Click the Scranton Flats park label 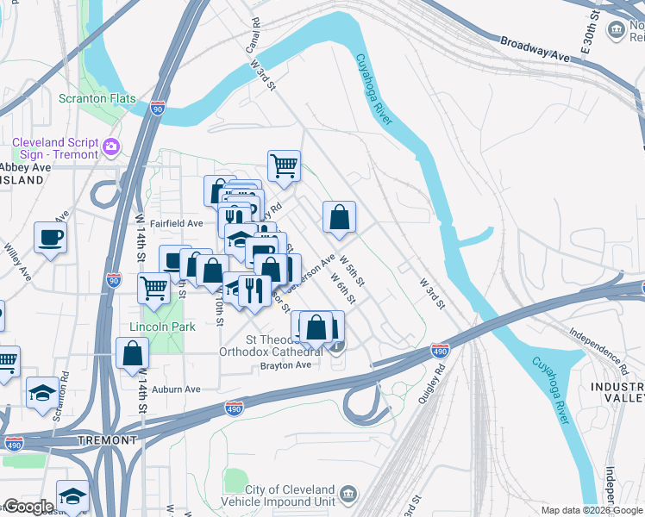click(97, 98)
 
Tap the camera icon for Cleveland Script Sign click(111, 147)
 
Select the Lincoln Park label click(162, 327)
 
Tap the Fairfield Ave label click(176, 223)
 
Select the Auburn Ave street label click(176, 389)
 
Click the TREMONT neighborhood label click(106, 439)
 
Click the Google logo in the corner click(28, 507)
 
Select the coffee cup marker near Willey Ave click(50, 237)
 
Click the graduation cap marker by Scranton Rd click(42, 393)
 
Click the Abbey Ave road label click(25, 167)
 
